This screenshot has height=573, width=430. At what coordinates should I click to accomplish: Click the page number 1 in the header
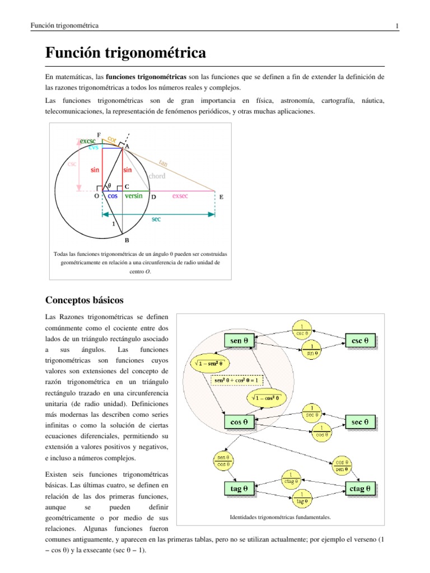click(396, 26)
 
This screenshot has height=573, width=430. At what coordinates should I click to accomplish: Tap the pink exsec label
click(180, 196)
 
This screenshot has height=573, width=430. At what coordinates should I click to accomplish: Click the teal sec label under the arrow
click(156, 219)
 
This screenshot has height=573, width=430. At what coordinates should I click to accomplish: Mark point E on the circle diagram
click(221, 197)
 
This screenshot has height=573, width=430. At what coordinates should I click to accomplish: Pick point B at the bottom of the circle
click(127, 240)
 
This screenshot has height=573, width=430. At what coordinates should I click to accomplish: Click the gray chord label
click(157, 176)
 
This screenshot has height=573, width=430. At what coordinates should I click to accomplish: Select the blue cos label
click(113, 196)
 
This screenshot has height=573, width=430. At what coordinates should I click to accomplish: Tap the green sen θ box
click(239, 340)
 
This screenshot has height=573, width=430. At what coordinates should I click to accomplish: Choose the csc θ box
click(359, 340)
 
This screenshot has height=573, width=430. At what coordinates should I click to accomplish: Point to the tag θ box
click(239, 488)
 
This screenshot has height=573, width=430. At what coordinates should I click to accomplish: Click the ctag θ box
click(359, 488)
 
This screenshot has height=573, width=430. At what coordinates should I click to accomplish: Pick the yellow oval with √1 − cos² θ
click(266, 398)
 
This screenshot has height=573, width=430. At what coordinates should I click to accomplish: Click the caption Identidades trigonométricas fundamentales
click(281, 517)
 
